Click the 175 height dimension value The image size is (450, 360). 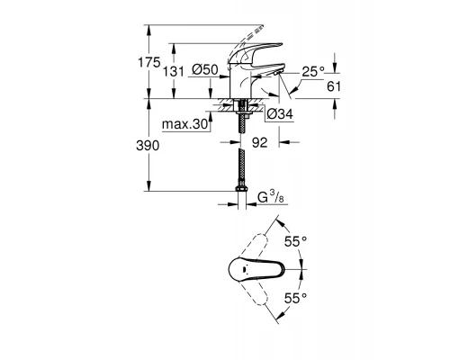[x=149, y=62]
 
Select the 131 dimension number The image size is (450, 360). [x=174, y=72]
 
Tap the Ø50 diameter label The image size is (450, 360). [x=205, y=70]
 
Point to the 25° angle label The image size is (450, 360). [x=313, y=72]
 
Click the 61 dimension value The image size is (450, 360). [x=334, y=86]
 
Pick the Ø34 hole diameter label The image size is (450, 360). [x=280, y=114]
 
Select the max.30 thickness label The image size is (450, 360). [x=184, y=124]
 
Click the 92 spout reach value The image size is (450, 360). [x=259, y=143]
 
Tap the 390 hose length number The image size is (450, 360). [x=148, y=146]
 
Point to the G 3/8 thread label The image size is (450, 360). [x=271, y=197]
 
